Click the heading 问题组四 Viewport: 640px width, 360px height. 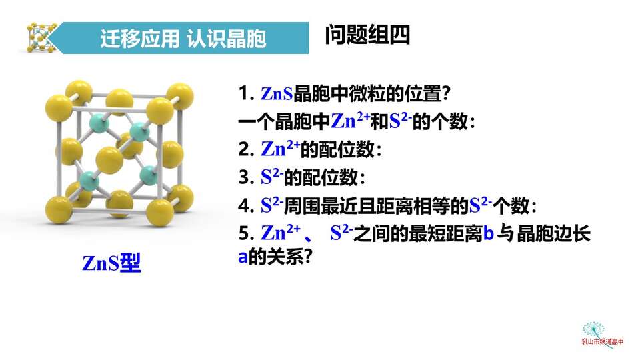coord(367,35)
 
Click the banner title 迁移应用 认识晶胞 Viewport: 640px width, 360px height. coord(183,39)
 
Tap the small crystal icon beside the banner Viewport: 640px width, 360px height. coord(41,37)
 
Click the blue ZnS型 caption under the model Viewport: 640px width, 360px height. coord(111,263)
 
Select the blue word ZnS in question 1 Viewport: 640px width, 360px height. coord(277,93)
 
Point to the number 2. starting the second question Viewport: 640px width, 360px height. coord(247,149)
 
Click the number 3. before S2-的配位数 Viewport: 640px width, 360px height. coord(247,177)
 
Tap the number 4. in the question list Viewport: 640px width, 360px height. coord(247,205)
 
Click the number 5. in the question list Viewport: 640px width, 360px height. coord(247,233)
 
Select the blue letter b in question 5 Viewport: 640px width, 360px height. coord(489,234)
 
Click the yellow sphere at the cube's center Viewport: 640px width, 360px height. coord(109,160)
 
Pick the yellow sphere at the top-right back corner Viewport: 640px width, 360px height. coord(179,96)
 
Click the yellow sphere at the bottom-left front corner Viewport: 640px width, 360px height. coord(59,210)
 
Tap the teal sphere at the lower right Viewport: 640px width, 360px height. coord(149,176)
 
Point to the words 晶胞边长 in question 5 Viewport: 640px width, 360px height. coord(553,234)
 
